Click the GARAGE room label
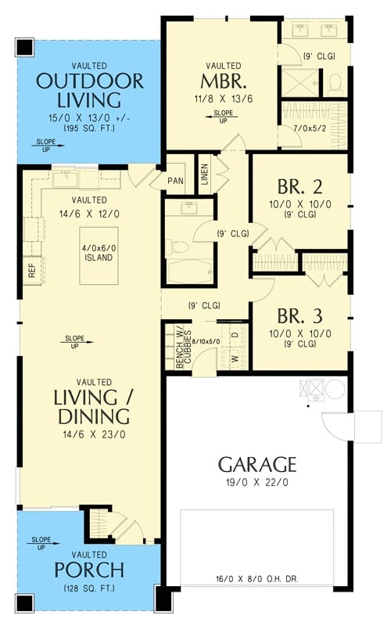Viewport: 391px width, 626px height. pyautogui.click(x=257, y=463)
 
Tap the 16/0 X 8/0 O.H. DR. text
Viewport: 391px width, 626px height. pyautogui.click(x=257, y=580)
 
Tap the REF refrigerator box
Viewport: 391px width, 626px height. pyautogui.click(x=32, y=270)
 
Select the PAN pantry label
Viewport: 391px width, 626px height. pyautogui.click(x=176, y=179)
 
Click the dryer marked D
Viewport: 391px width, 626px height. pyautogui.click(x=235, y=334)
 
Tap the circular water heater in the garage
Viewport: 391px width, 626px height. pyautogui.click(x=335, y=389)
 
